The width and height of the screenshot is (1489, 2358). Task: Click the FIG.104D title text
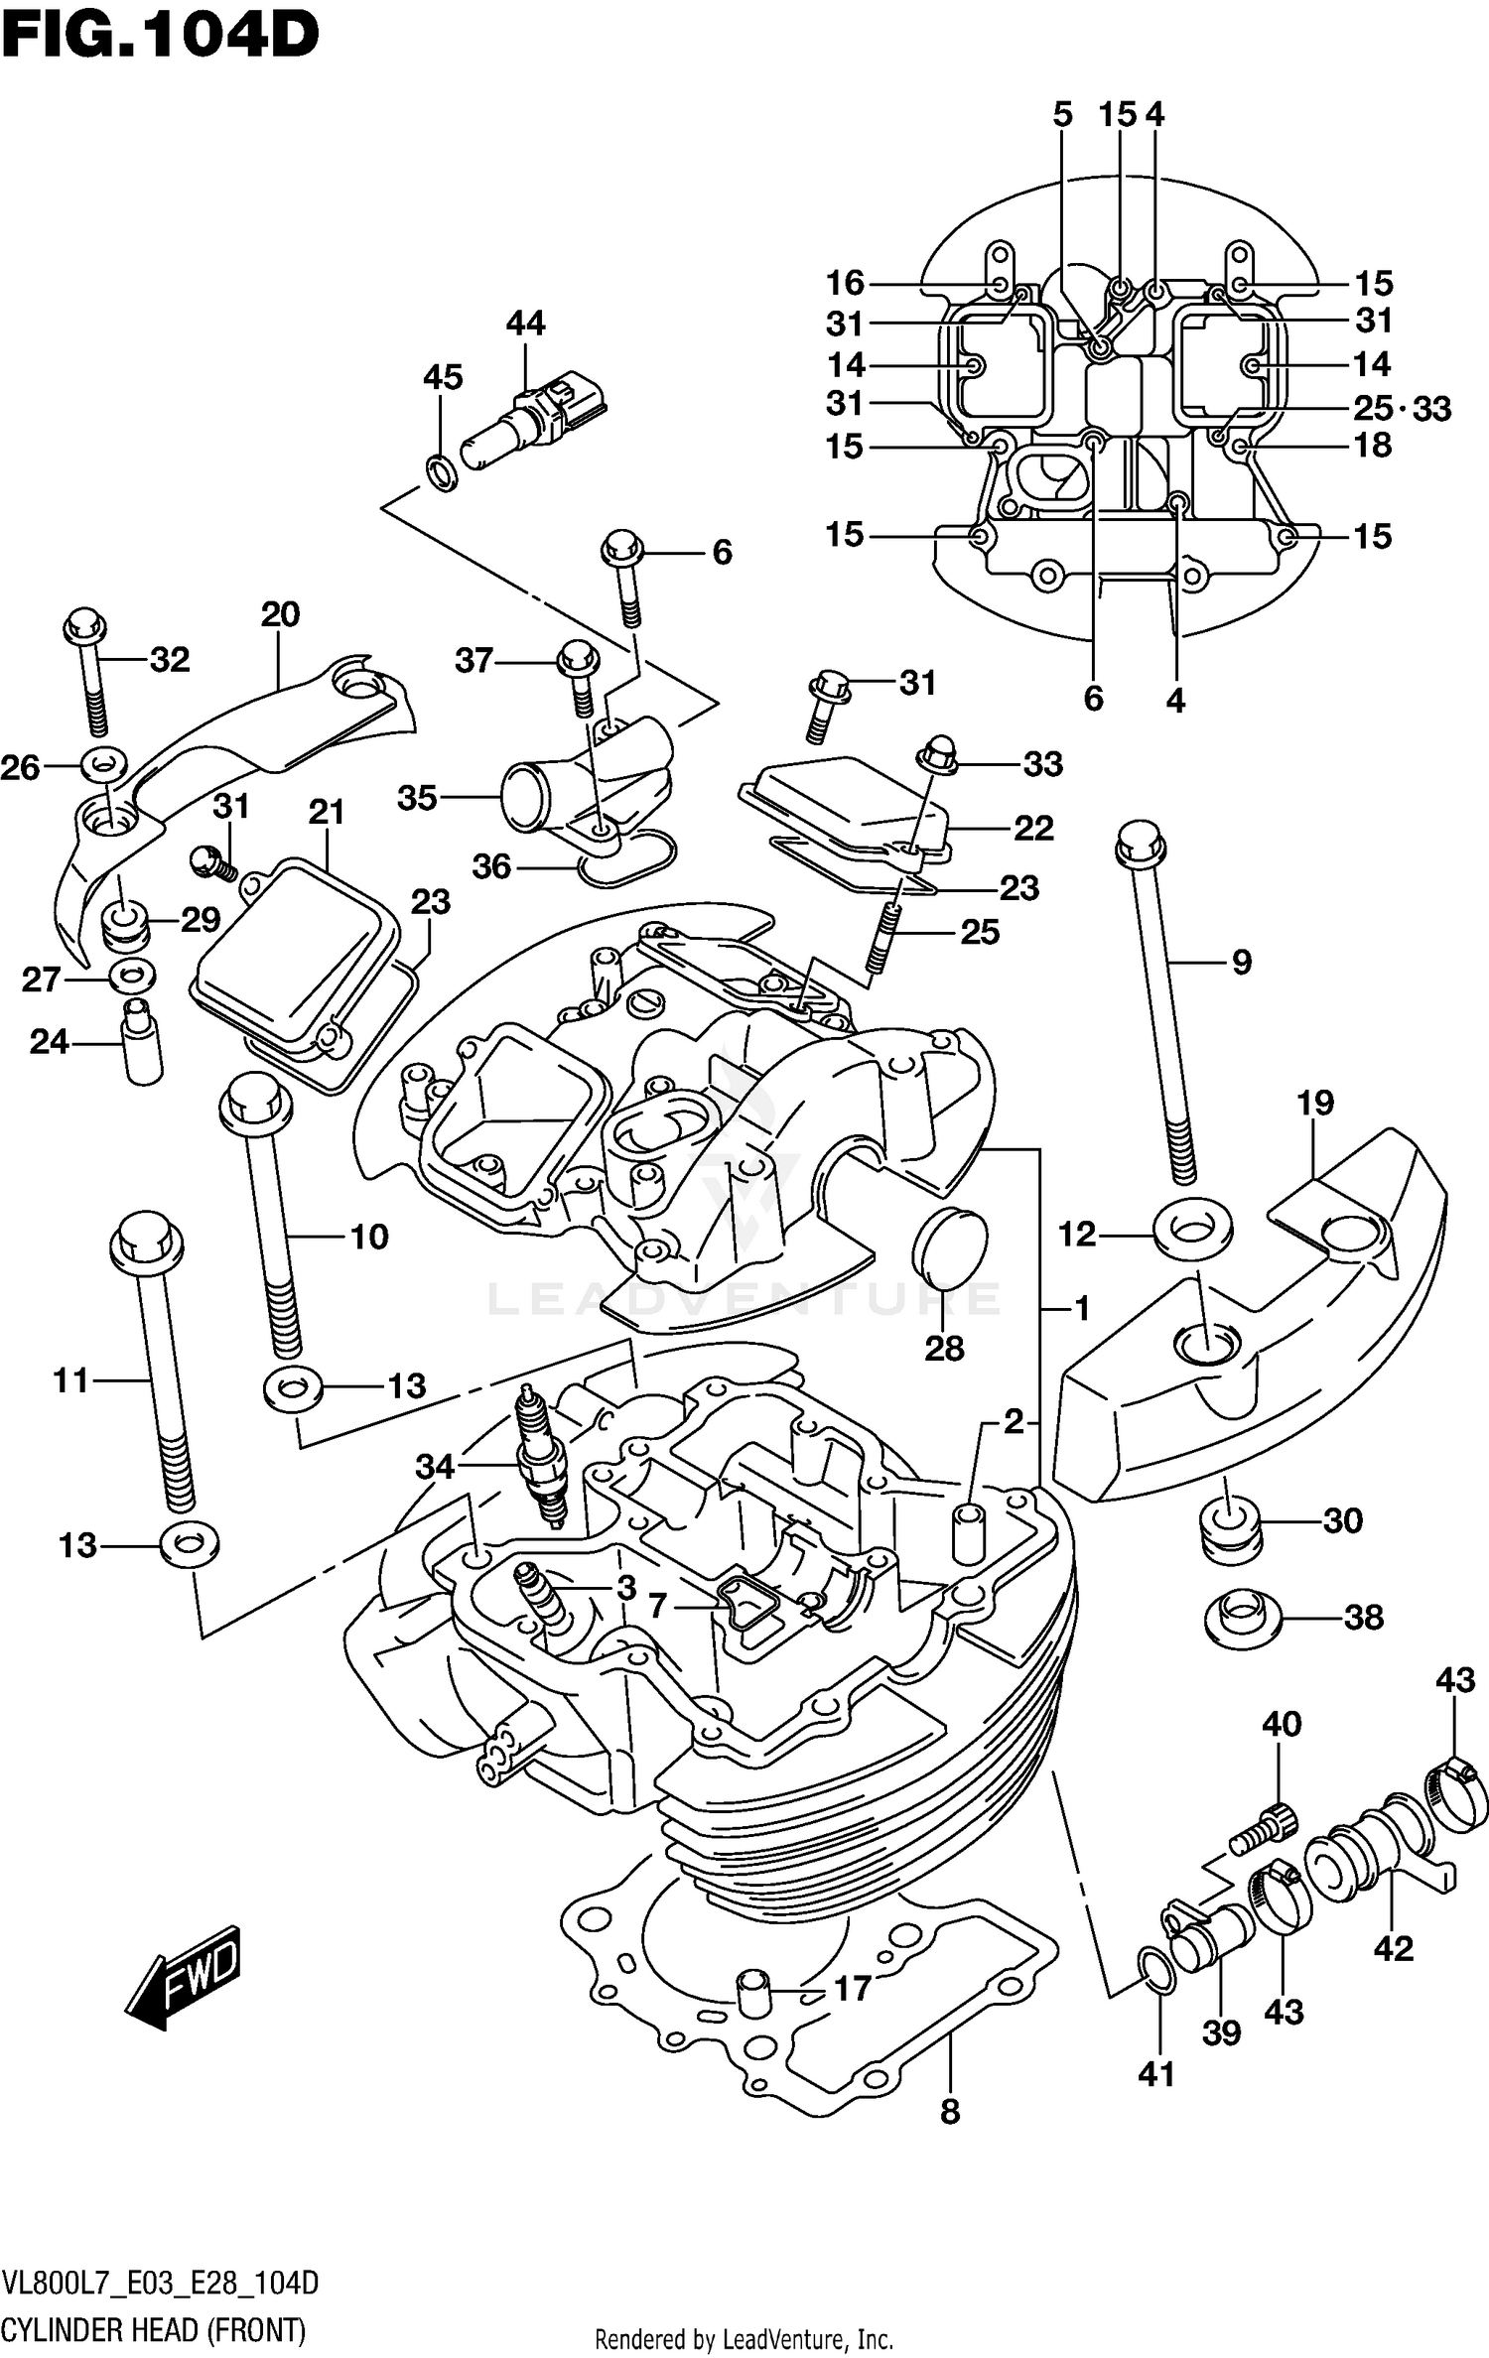pyautogui.click(x=159, y=37)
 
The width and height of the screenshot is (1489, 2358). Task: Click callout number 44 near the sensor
pyautogui.click(x=525, y=324)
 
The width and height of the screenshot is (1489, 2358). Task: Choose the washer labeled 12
pyautogui.click(x=1192, y=1232)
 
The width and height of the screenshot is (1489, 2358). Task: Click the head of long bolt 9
pyautogui.click(x=1140, y=844)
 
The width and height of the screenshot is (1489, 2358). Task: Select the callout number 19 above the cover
pyautogui.click(x=1314, y=1103)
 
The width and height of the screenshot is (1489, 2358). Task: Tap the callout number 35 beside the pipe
pyautogui.click(x=417, y=797)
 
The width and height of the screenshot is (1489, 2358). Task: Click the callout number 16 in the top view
pyautogui.click(x=846, y=284)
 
